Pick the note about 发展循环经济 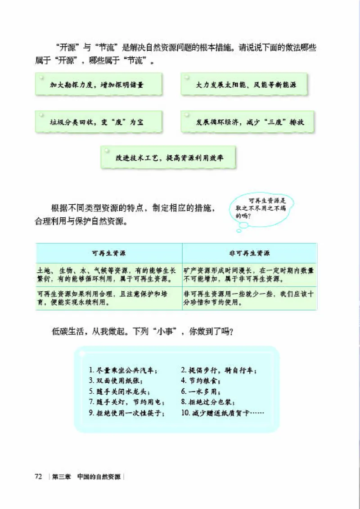click(x=247, y=122)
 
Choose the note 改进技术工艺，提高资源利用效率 click(x=168, y=158)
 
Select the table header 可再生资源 click(x=109, y=253)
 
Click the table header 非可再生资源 click(x=249, y=253)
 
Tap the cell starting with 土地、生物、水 click(x=109, y=275)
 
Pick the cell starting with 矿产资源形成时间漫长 click(x=249, y=275)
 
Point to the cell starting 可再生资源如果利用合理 click(x=109, y=298)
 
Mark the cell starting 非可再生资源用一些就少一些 click(x=249, y=298)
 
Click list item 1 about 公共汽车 click(x=123, y=371)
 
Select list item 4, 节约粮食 click(x=201, y=381)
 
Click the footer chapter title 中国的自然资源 click(x=99, y=477)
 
